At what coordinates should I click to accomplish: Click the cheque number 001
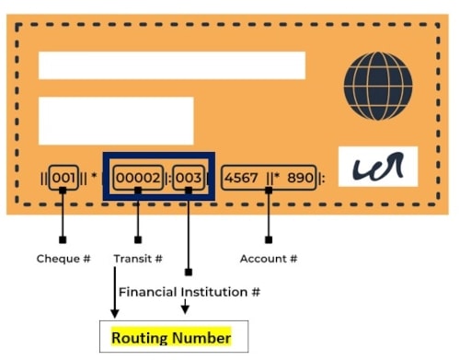pos(63,178)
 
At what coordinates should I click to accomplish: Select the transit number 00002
pos(138,178)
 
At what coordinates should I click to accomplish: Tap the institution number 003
pos(189,178)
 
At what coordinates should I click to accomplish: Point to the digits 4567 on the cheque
pos(241,178)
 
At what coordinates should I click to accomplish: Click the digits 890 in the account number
pos(300,178)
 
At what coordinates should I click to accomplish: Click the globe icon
pos(378,86)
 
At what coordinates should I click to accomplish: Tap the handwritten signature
pos(379,167)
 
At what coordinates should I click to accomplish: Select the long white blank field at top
pos(172,65)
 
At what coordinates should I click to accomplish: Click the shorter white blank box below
pos(116,121)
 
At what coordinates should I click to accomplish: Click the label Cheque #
pos(63,259)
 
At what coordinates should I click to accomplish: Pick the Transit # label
pos(138,259)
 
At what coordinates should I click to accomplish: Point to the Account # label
pos(269,259)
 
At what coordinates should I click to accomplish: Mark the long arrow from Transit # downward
pos(115,293)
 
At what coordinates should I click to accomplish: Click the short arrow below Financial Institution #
pos(185,307)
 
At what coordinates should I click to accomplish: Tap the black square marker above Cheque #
pos(63,239)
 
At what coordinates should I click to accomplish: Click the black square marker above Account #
pos(269,239)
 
